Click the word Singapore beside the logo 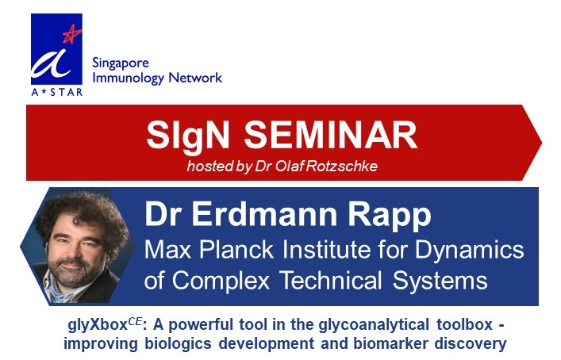point(121,63)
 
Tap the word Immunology point(129,78)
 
